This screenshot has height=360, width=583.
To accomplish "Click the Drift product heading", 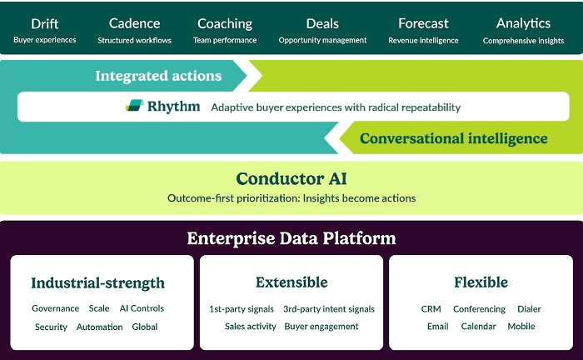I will (x=45, y=23).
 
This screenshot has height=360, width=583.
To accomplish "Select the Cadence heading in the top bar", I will (x=134, y=23).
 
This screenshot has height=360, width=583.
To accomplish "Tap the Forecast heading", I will (x=423, y=23).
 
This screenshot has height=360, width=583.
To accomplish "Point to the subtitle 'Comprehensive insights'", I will (x=523, y=40).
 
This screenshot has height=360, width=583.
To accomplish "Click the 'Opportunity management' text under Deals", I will (x=322, y=40).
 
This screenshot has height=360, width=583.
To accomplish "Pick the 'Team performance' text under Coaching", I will (x=225, y=40).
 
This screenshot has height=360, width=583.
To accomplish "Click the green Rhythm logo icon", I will (x=134, y=106).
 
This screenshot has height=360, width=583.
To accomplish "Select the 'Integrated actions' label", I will (x=158, y=76).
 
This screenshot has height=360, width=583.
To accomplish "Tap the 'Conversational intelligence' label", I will (x=454, y=138).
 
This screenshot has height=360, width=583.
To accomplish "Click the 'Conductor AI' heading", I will (x=291, y=178).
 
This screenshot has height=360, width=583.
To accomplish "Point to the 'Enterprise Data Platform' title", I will (x=291, y=238).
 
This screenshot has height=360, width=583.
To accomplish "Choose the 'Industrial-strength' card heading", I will (x=98, y=282).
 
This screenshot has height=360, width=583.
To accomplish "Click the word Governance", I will (x=56, y=308).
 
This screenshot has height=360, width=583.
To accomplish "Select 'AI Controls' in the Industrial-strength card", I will (x=142, y=308).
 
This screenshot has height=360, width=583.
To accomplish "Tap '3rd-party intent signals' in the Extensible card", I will (x=329, y=309).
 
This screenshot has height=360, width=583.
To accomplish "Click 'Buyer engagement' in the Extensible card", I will (x=321, y=327).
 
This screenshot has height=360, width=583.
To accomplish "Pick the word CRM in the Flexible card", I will (x=431, y=309).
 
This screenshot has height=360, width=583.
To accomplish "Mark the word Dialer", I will (x=529, y=309).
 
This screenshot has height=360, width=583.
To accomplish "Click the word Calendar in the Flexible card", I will (x=478, y=327).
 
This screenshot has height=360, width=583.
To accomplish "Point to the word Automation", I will (x=100, y=327).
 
